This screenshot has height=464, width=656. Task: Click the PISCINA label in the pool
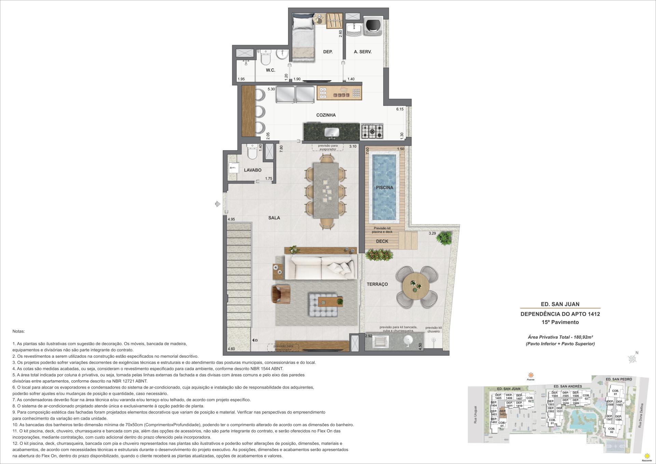pos(384,188)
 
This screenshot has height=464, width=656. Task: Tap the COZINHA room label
pos(326,115)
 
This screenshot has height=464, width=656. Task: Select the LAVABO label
pos(252,170)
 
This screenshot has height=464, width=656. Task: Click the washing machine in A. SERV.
pos(373,24)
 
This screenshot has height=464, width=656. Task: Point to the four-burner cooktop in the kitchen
pos(372,131)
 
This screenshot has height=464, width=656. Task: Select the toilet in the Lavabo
pos(252,152)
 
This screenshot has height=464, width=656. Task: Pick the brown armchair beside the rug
pos(281,294)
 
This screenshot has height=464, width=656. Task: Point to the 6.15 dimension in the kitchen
pos(400,109)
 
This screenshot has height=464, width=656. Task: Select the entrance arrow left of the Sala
pos(217,204)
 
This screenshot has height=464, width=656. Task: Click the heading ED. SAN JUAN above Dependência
pos(560,304)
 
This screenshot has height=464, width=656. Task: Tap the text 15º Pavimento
pos(560,322)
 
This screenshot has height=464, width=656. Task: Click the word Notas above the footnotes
pos(19,331)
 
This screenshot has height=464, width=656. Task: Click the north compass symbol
pos(632,358)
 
